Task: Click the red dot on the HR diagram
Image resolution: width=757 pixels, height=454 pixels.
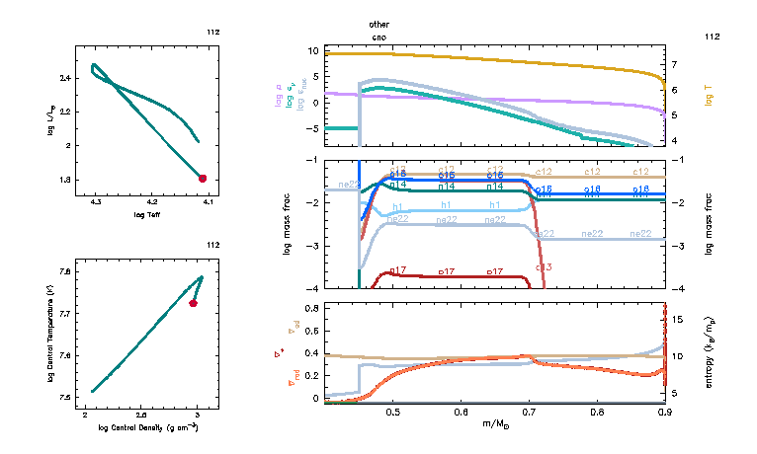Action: (203, 179)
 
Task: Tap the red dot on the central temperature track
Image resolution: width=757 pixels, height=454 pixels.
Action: (194, 303)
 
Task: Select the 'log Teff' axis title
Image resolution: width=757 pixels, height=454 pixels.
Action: (146, 214)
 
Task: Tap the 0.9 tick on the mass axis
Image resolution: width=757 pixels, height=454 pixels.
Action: (664, 412)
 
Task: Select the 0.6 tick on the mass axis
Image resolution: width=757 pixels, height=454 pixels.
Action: (461, 412)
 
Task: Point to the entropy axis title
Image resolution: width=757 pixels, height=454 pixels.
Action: (711, 351)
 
